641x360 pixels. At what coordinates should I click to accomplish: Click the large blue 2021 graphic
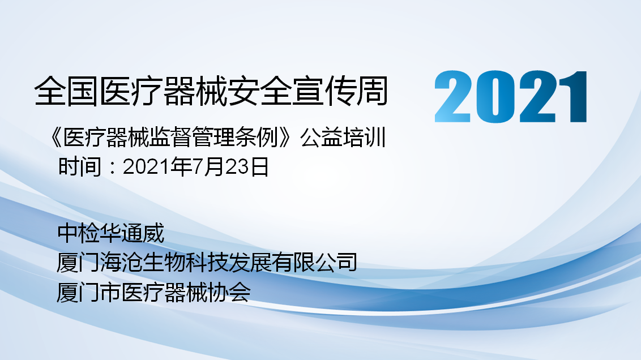point(511,96)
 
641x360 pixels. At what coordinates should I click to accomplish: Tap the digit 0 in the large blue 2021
point(493,96)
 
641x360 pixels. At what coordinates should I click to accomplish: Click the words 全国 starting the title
point(67,91)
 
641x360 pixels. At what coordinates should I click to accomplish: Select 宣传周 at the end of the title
point(357,91)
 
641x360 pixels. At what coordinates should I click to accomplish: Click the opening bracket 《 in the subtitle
point(55,138)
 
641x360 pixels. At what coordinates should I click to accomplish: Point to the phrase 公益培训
point(343,138)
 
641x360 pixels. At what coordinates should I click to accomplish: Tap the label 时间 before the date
point(79,167)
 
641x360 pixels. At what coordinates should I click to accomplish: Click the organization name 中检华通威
point(111,233)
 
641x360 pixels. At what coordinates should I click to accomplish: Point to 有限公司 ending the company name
point(314,262)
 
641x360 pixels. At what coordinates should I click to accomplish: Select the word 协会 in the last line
point(229,292)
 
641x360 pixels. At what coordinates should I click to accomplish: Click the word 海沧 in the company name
point(121,262)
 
